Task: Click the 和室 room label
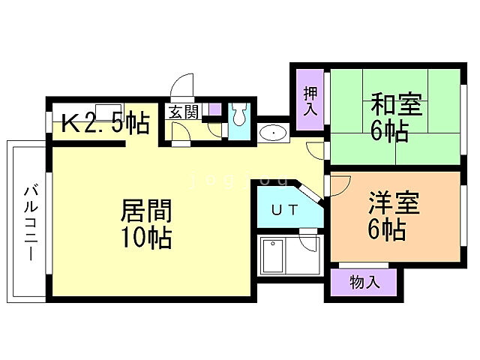point(395,103)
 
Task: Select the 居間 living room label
point(147,211)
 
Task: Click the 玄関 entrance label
point(183,112)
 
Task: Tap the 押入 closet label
point(309,100)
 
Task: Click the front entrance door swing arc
point(183,85)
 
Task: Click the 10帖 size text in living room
point(147,238)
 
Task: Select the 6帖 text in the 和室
point(389,130)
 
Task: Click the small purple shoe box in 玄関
point(214,110)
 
